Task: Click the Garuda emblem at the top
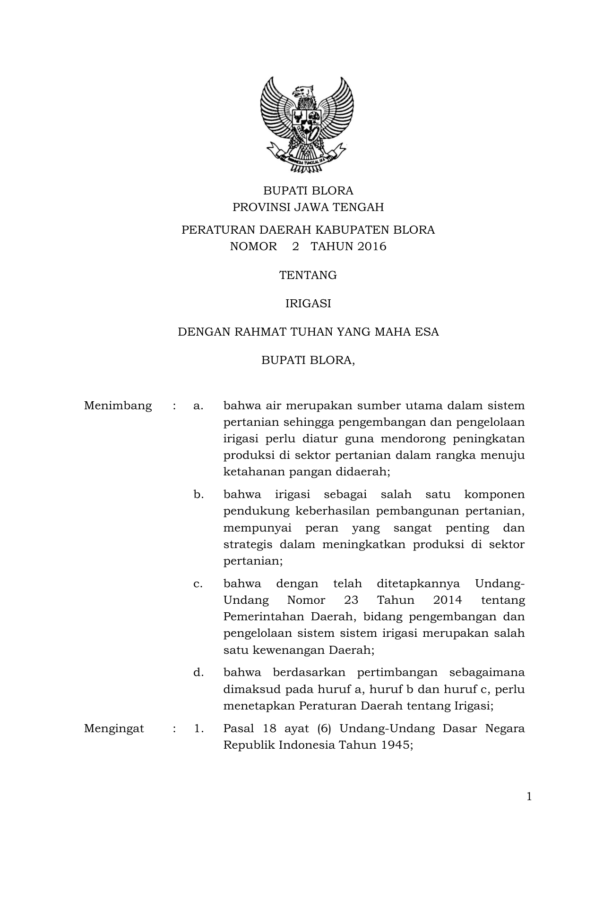(x=308, y=126)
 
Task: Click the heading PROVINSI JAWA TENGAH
(x=308, y=207)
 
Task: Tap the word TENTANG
(x=308, y=275)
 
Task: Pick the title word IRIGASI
(x=308, y=304)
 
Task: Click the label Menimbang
(x=118, y=406)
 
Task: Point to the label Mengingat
(x=114, y=728)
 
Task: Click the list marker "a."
(x=198, y=406)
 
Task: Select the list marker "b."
(x=198, y=494)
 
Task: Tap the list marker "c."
(x=198, y=583)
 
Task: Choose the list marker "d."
(x=198, y=672)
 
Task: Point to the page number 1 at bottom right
(x=529, y=797)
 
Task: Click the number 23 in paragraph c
(x=351, y=600)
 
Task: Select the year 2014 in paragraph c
(x=447, y=600)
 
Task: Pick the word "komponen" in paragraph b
(x=494, y=494)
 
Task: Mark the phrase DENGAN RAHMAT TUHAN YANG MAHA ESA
(x=308, y=332)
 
